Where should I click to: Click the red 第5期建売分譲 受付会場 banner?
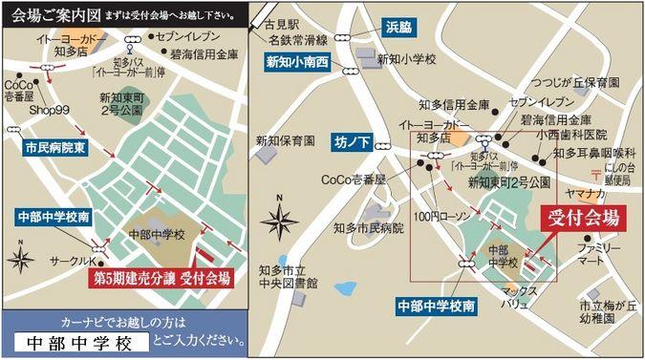[161, 278]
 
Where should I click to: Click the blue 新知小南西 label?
[296, 60]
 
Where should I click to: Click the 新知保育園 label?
[284, 141]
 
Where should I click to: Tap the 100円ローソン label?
[442, 218]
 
